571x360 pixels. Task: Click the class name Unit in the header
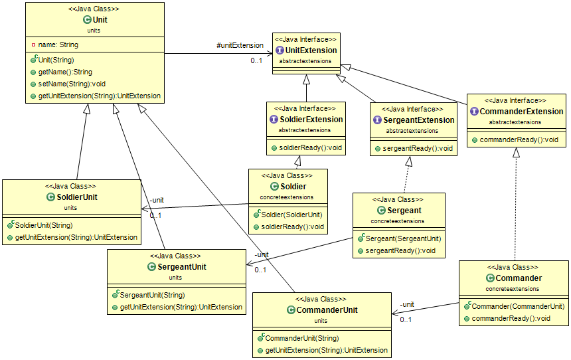[100, 20]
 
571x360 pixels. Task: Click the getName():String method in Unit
[65, 72]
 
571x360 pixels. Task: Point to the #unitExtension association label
[240, 45]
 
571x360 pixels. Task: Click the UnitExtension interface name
[311, 50]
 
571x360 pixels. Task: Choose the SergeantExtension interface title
[418, 120]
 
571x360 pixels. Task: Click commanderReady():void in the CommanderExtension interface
[519, 140]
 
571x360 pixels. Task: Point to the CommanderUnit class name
[327, 310]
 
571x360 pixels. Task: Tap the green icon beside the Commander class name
[490, 278]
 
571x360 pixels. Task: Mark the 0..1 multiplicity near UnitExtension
[256, 61]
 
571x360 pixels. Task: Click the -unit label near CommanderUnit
[406, 304]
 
